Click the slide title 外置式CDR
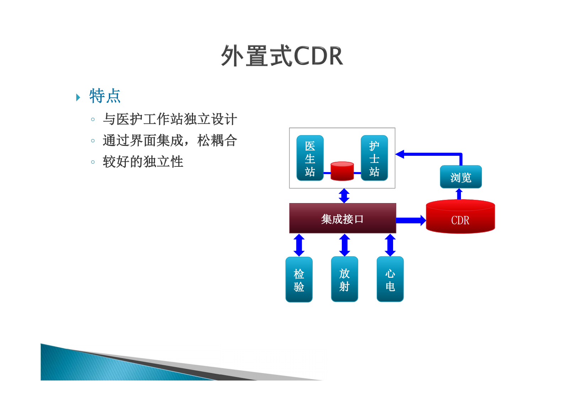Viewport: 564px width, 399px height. [282, 56]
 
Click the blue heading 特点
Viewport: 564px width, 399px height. [105, 96]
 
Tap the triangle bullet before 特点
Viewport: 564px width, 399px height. [78, 97]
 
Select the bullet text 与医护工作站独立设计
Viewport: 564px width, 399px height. [170, 119]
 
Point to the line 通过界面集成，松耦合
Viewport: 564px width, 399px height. [170, 140]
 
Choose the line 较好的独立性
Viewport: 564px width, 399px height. [143, 162]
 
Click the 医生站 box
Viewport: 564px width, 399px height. [310, 158]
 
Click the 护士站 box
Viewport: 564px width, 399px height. [374, 158]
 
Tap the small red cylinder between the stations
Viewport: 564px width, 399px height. [342, 171]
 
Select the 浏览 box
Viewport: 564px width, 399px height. [461, 177]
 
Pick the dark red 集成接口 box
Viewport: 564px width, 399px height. [342, 218]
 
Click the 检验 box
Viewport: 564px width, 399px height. [299, 280]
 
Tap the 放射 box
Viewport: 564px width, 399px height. [344, 280]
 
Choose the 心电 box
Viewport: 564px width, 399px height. [390, 280]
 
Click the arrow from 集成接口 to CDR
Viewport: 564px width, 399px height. [410, 220]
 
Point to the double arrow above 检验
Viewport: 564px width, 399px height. [299, 245]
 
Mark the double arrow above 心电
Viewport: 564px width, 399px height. [390, 245]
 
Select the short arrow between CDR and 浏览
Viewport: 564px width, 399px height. [459, 194]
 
